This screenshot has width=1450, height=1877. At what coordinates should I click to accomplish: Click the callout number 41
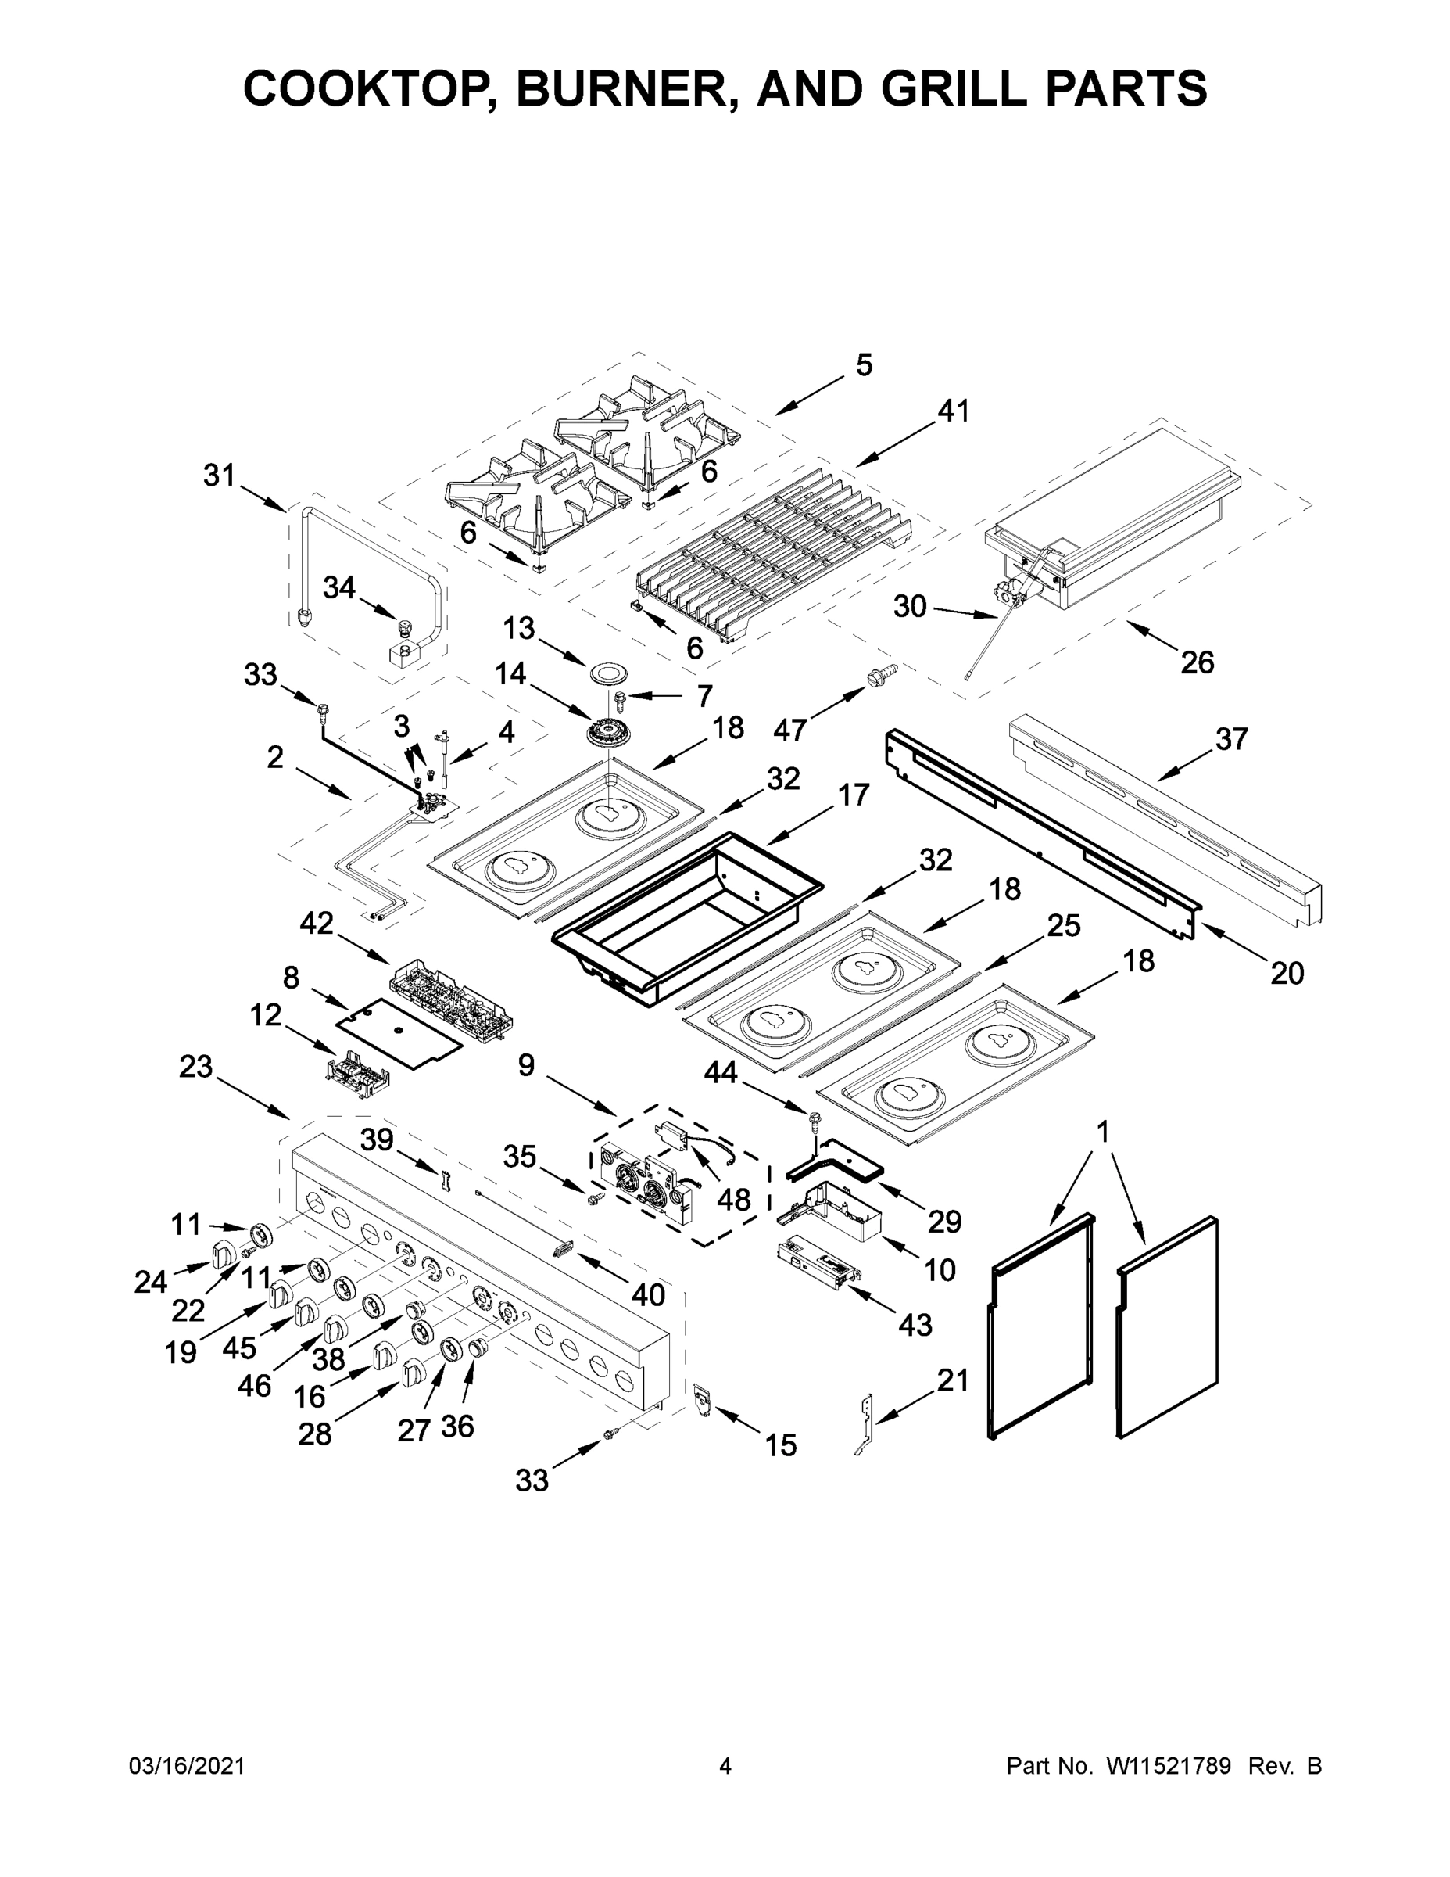click(953, 411)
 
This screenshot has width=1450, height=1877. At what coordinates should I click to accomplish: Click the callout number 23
click(196, 1067)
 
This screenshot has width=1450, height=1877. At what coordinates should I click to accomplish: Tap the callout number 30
click(910, 607)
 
